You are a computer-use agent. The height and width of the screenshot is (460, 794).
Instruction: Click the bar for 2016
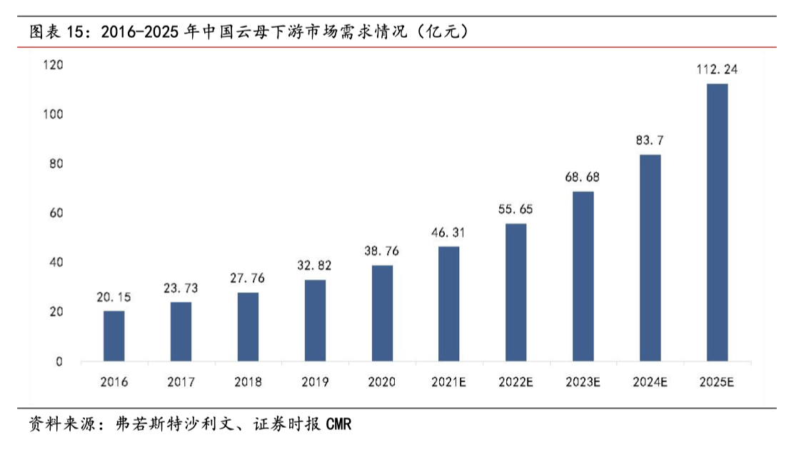[x=114, y=336]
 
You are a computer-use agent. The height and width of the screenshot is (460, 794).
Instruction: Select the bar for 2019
[x=315, y=320]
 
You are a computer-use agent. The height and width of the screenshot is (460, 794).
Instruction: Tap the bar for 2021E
[x=448, y=304]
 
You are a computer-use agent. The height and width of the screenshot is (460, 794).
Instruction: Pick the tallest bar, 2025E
[x=717, y=222]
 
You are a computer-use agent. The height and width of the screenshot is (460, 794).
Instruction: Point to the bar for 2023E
[x=583, y=276]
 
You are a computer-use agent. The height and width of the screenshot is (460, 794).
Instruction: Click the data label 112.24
[x=717, y=69]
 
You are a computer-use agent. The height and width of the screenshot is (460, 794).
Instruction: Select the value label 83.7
[x=650, y=140]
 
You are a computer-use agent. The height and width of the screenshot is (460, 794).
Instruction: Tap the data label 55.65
[x=516, y=209]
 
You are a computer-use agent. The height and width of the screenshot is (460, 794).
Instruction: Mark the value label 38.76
[x=382, y=251]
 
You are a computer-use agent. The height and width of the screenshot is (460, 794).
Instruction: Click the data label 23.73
[x=181, y=289]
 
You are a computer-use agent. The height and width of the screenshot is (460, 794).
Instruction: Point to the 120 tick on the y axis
[x=53, y=65]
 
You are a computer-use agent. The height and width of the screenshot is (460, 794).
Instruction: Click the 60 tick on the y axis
[x=56, y=213]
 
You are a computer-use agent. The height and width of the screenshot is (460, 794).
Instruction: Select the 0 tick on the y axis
[x=59, y=361]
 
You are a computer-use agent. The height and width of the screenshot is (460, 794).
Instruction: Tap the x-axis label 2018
[x=248, y=382]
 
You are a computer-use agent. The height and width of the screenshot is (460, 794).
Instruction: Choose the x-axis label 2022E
[x=516, y=382]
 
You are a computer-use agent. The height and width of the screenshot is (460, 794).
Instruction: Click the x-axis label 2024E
[x=650, y=382]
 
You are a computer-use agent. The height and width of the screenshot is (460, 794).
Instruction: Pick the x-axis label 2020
[x=382, y=382]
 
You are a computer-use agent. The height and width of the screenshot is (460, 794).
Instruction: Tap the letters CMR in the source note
[x=338, y=424]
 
